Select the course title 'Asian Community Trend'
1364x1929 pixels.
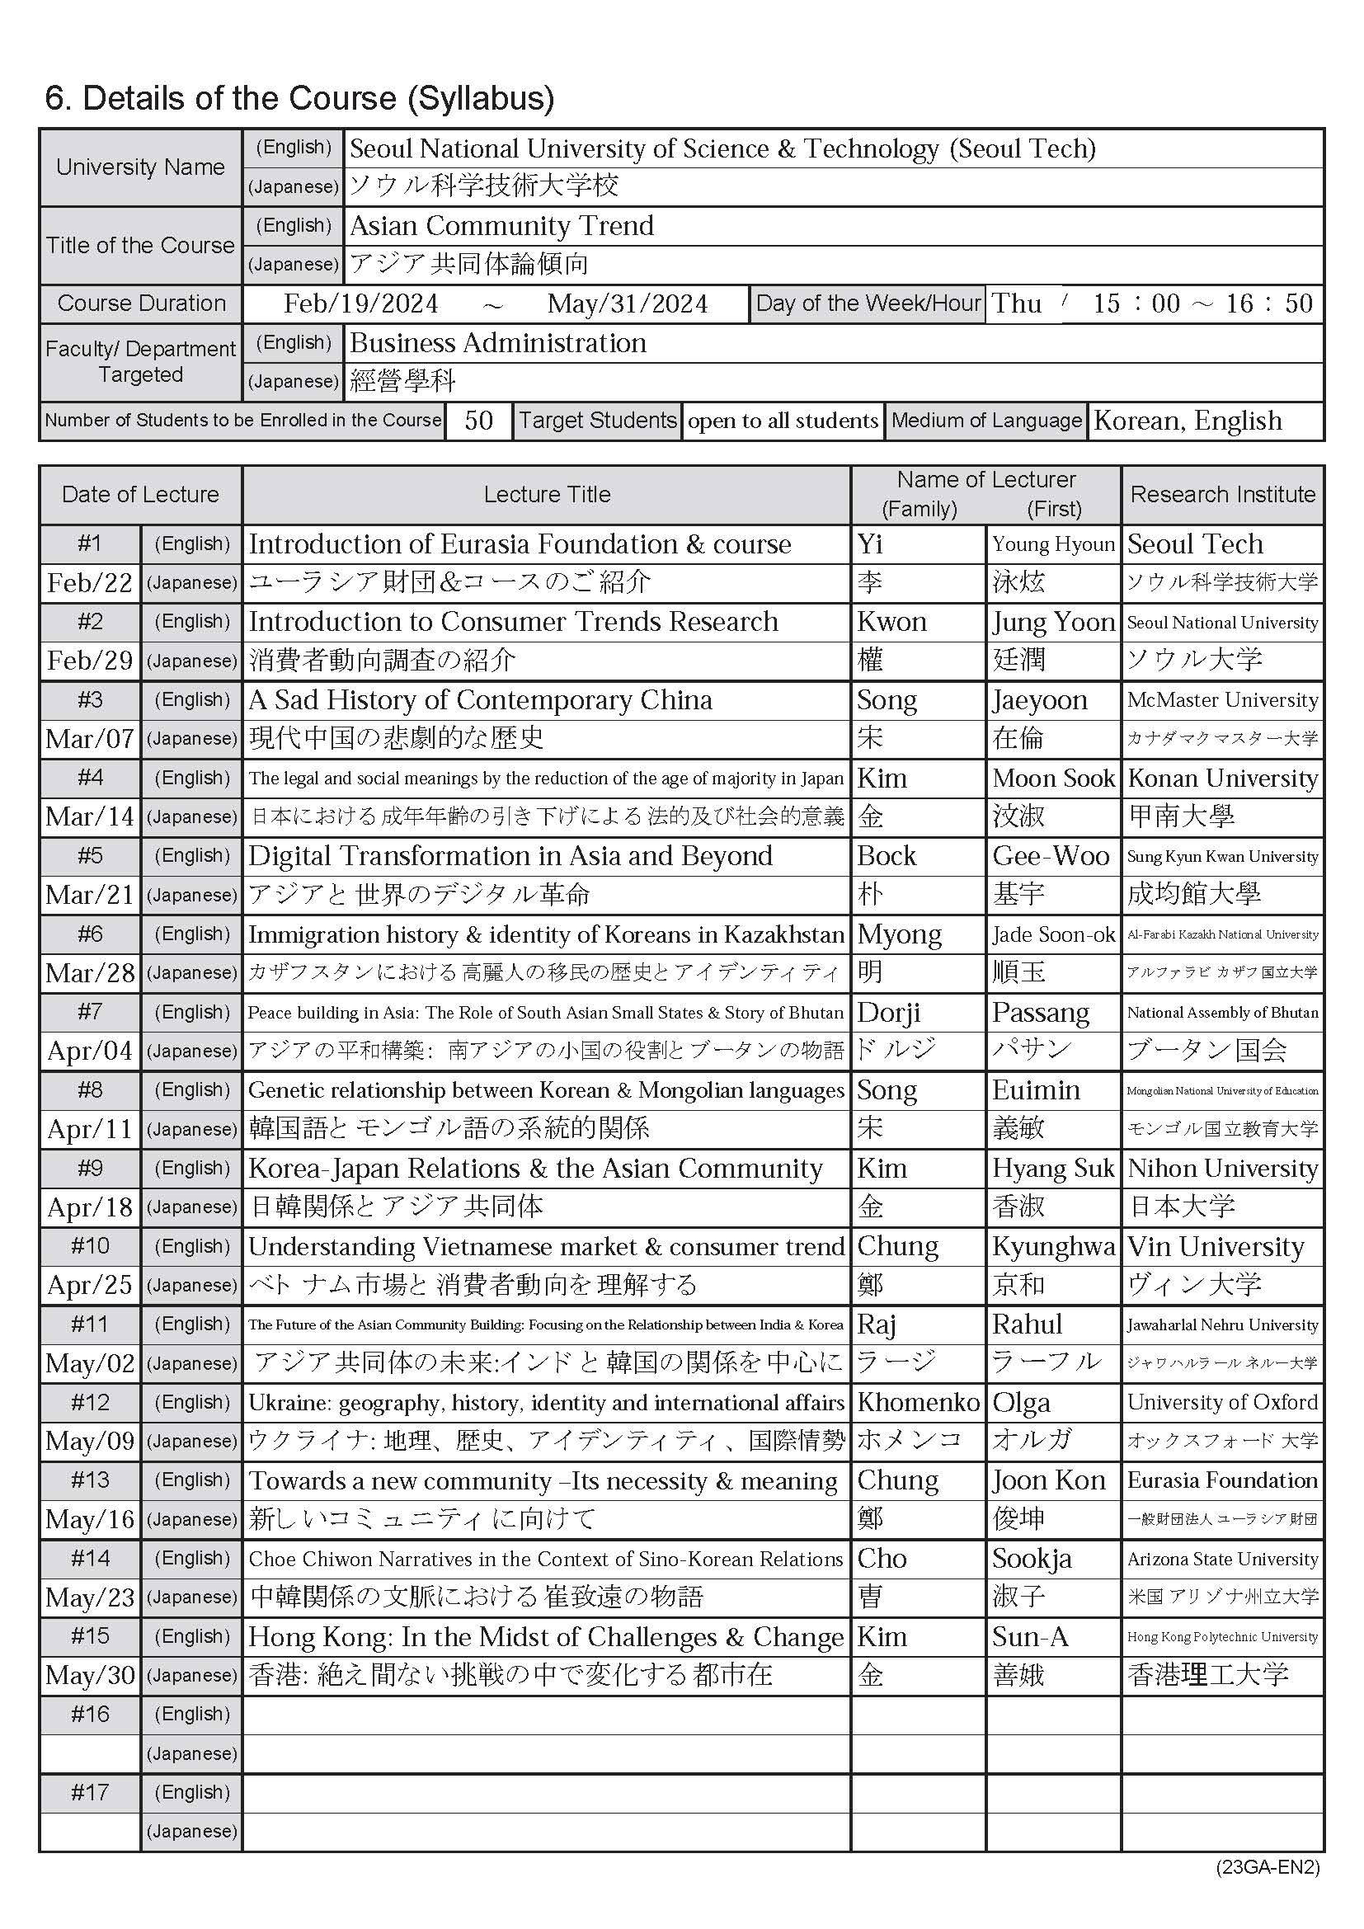click(x=501, y=225)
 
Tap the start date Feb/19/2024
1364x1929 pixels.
click(x=360, y=303)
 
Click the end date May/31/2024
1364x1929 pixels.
click(x=628, y=303)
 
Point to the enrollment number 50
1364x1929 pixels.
click(x=478, y=420)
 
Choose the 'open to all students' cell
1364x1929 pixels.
click(x=783, y=420)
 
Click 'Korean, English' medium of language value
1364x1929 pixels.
click(x=1188, y=420)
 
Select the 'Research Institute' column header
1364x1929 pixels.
click(x=1222, y=494)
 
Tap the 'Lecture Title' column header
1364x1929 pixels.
click(x=547, y=494)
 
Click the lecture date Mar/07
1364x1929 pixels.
click(x=90, y=738)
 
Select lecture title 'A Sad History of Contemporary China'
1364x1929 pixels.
click(x=481, y=700)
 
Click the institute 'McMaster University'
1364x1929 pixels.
click(x=1222, y=700)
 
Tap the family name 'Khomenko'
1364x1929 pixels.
click(x=918, y=1402)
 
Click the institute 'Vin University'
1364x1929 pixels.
click(x=1216, y=1247)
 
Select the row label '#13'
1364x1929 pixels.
click(x=90, y=1480)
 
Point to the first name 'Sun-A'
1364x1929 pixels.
click(x=1030, y=1636)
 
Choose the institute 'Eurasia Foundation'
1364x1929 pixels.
click(x=1222, y=1480)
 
